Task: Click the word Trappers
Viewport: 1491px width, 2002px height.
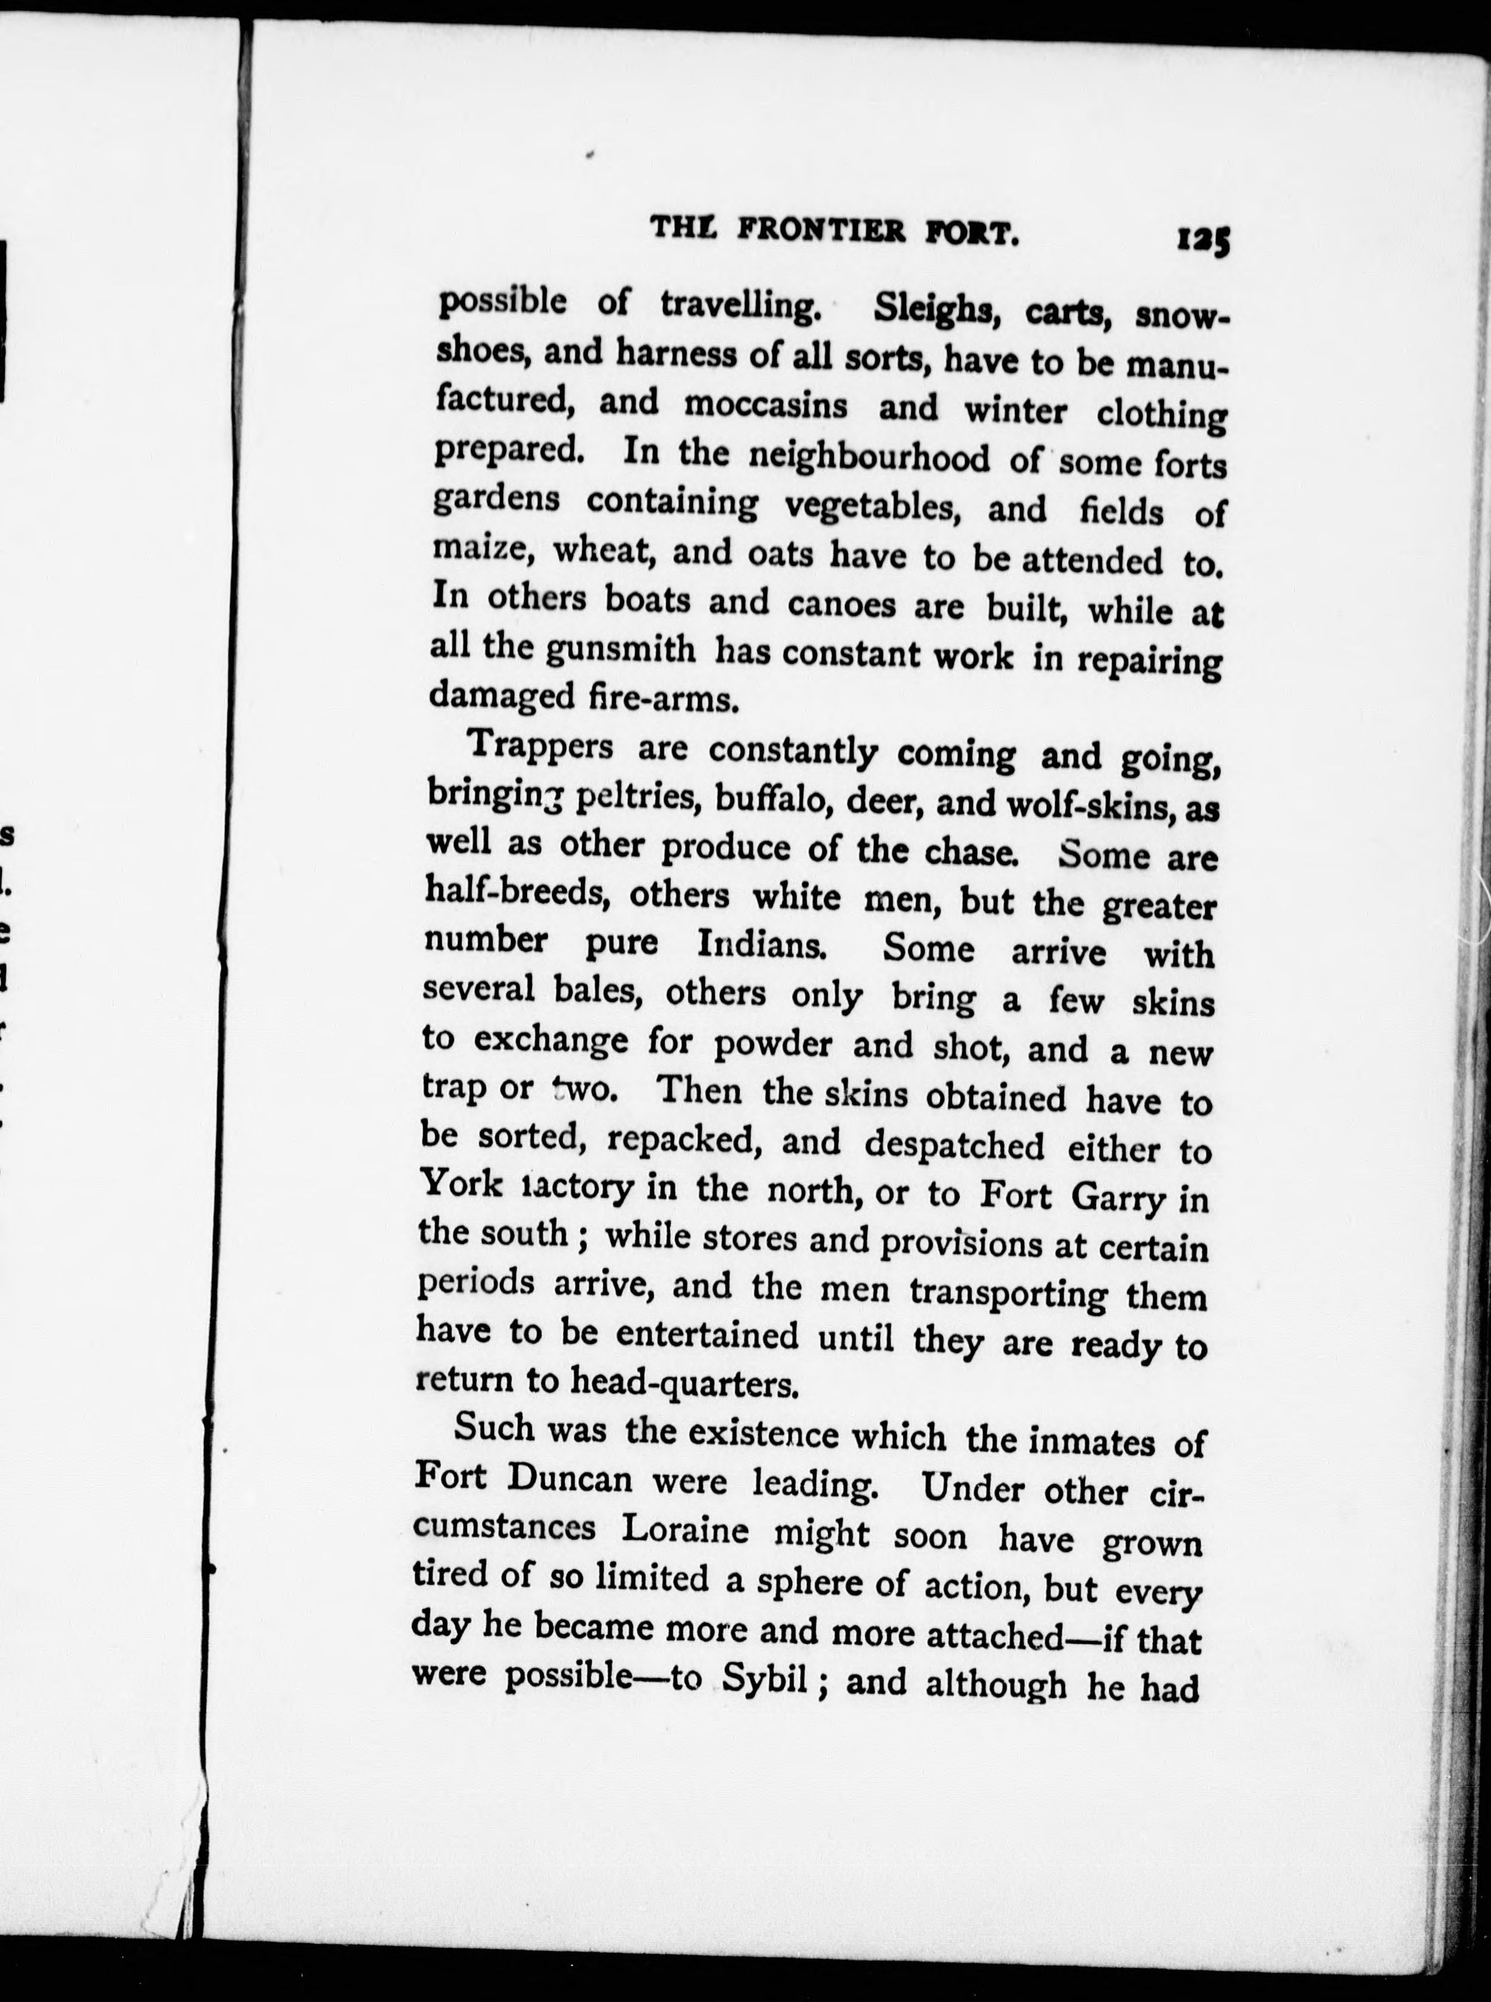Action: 541,746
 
